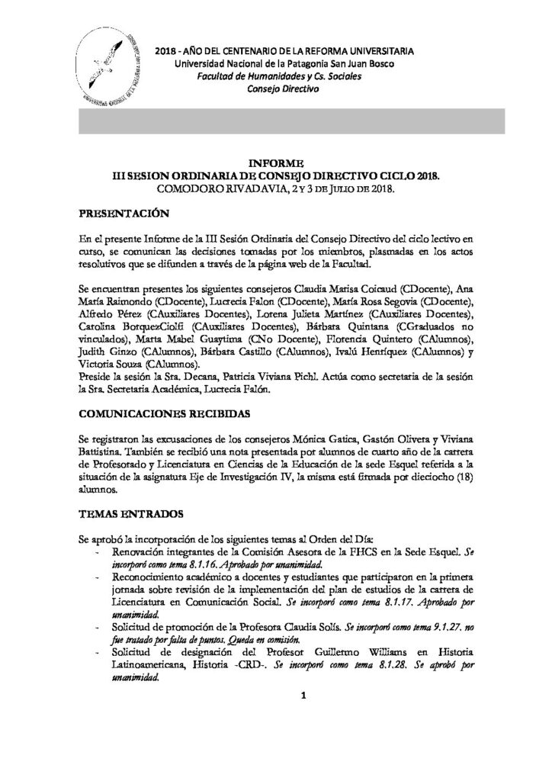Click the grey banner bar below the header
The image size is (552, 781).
point(290,122)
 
